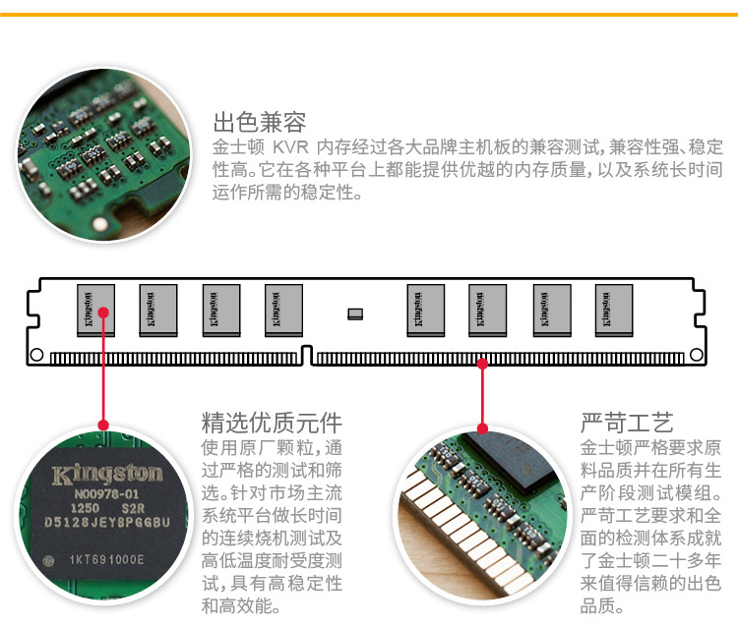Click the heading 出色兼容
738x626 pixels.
click(260, 123)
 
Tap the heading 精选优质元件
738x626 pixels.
click(272, 424)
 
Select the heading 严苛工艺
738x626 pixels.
click(627, 424)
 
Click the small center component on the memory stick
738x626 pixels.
click(355, 313)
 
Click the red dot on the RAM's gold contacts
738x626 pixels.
click(482, 363)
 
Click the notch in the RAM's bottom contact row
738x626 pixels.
click(308, 357)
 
